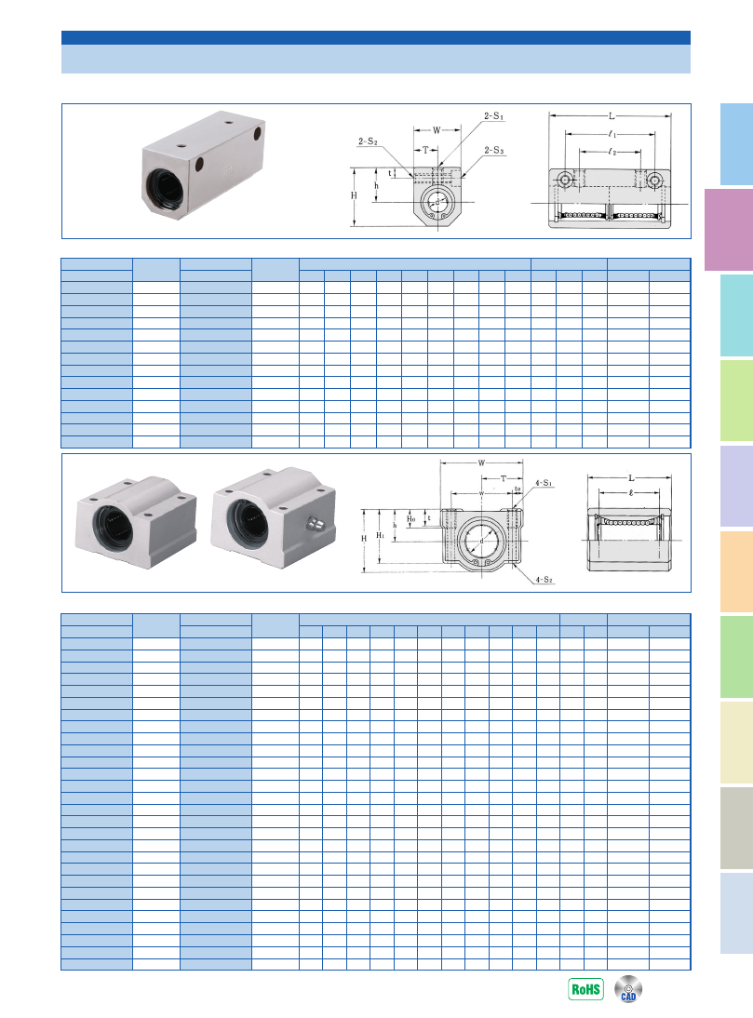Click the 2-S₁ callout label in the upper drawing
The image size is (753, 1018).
[493, 116]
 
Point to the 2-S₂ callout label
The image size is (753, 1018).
[368, 141]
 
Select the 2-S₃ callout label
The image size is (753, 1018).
[493, 151]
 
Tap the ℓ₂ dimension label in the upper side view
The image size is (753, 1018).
[612, 152]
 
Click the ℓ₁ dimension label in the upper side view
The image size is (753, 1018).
[612, 134]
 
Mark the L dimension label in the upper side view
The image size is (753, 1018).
[611, 116]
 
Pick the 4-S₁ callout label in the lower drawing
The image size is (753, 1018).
[544, 483]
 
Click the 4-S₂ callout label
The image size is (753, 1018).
[544, 579]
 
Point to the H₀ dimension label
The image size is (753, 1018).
[410, 518]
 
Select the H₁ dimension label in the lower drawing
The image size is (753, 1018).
[381, 535]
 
